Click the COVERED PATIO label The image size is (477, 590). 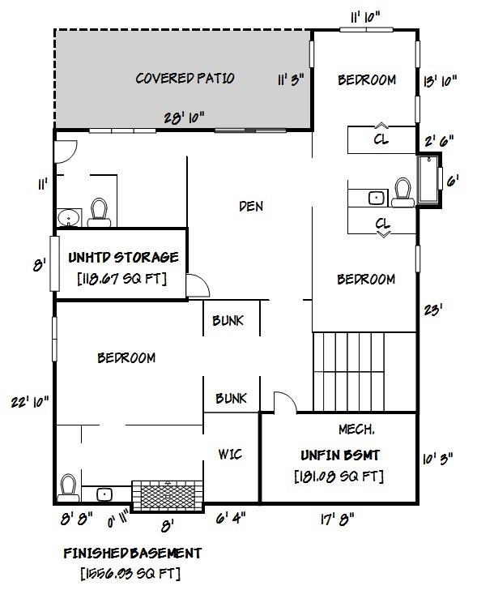coord(185,79)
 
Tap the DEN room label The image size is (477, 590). coord(251,206)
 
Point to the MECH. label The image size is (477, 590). coord(356,426)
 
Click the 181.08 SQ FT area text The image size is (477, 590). coord(339,476)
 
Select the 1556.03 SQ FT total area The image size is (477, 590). coord(132,573)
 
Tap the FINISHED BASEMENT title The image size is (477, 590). coord(132,554)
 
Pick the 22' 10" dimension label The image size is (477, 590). coord(29,400)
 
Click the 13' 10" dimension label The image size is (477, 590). coord(441,79)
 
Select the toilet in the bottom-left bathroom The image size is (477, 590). coord(69,488)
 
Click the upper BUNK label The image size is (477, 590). coord(228,321)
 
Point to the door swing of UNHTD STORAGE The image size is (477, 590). coord(195,285)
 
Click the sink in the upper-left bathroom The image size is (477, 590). coord(69,217)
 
